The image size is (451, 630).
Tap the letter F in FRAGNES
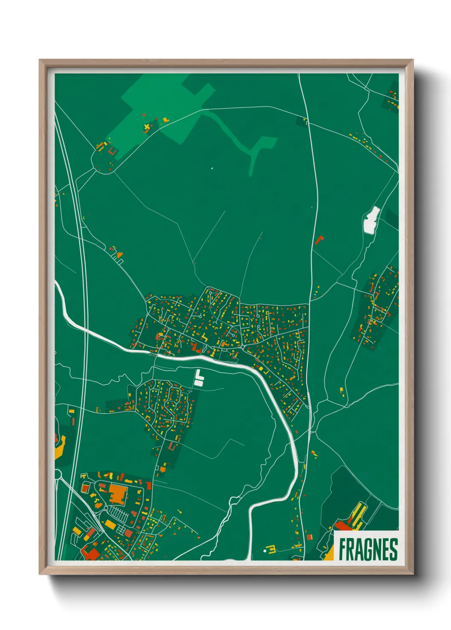coord(342,550)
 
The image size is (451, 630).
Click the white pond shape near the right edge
coord(371,220)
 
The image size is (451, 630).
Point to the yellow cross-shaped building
coord(147,127)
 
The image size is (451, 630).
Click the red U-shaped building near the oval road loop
coord(113,151)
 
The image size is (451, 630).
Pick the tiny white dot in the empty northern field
coord(212,168)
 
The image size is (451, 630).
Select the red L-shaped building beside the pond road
coord(319,239)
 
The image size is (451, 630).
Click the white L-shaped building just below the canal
coord(199,378)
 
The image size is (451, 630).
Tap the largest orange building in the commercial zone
coord(118,494)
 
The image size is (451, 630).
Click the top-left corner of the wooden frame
coord(41,61)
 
